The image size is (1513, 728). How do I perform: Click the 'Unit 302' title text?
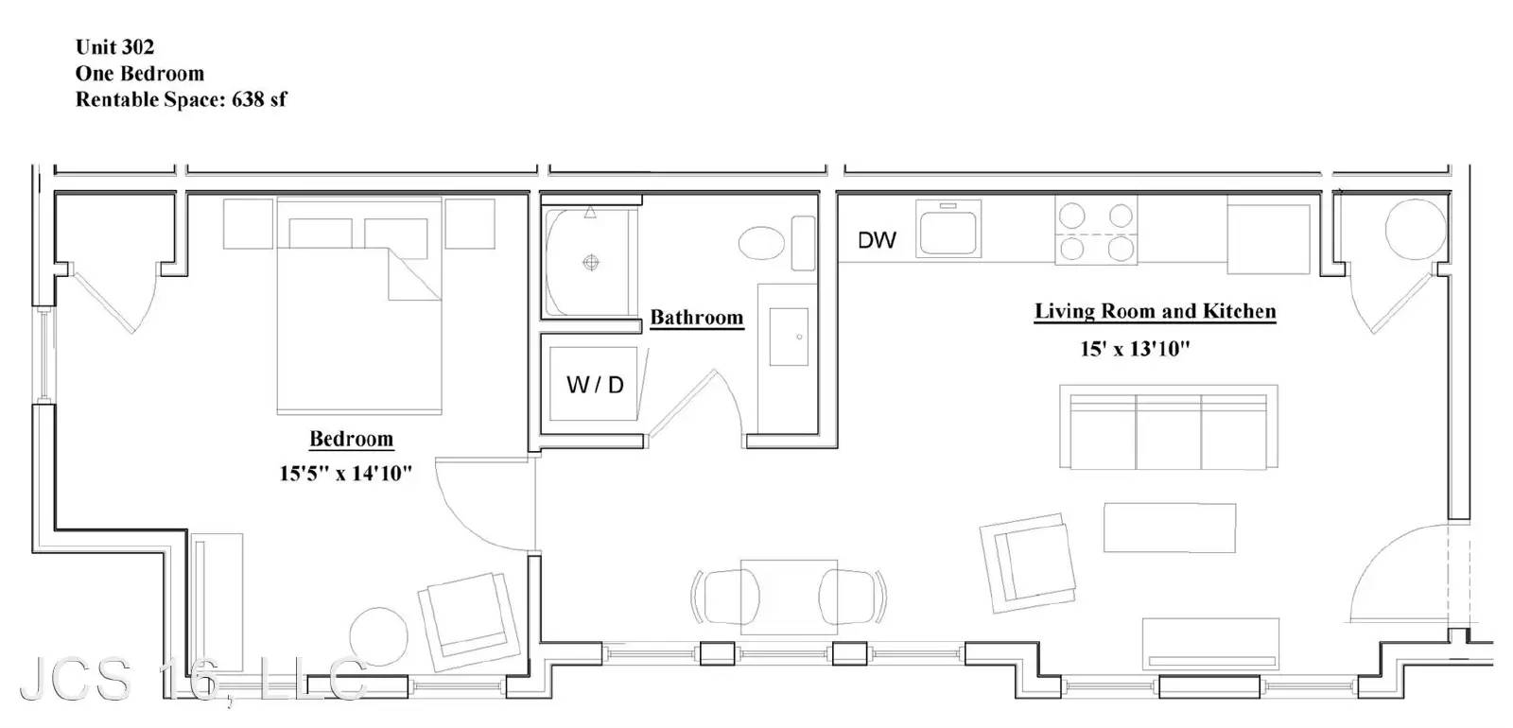click(x=114, y=47)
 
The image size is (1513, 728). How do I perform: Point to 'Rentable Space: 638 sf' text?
click(x=181, y=100)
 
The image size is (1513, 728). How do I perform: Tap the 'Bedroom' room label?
click(x=351, y=439)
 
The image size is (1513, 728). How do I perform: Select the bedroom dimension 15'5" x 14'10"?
click(x=345, y=474)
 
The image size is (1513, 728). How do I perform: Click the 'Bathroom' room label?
click(x=696, y=318)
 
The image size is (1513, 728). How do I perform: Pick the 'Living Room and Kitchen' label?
click(x=1155, y=311)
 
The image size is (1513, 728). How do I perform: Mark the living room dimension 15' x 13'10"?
click(x=1134, y=349)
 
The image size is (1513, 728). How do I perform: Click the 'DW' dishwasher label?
click(x=877, y=240)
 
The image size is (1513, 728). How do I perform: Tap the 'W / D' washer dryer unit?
click(x=594, y=384)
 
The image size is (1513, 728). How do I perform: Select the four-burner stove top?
click(x=1096, y=231)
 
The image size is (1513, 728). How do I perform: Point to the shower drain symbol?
click(x=591, y=263)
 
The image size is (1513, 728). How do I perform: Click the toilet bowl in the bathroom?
click(x=762, y=243)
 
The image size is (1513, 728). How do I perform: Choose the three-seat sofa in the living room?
click(x=1169, y=426)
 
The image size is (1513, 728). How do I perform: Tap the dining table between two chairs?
click(x=789, y=597)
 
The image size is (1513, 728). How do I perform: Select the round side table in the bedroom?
click(x=378, y=637)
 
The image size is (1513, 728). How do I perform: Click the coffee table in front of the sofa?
click(x=1170, y=528)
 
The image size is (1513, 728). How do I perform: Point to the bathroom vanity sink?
click(x=789, y=337)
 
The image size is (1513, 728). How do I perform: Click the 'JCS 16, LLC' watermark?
click(x=193, y=680)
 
